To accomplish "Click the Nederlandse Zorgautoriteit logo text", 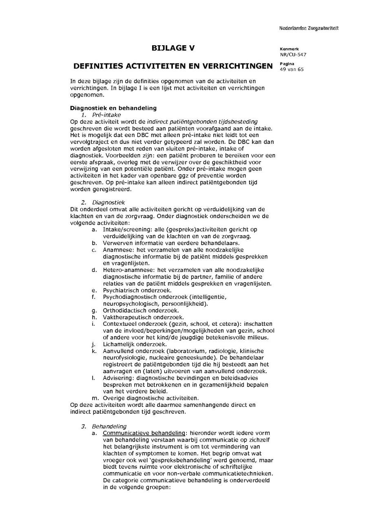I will point(309,28).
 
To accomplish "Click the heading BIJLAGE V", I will point(173,48).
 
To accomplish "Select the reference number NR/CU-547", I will point(293,54).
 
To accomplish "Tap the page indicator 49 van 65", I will point(292,69).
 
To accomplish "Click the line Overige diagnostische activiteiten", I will point(150,398).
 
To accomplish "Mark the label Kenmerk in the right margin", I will point(286,49).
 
